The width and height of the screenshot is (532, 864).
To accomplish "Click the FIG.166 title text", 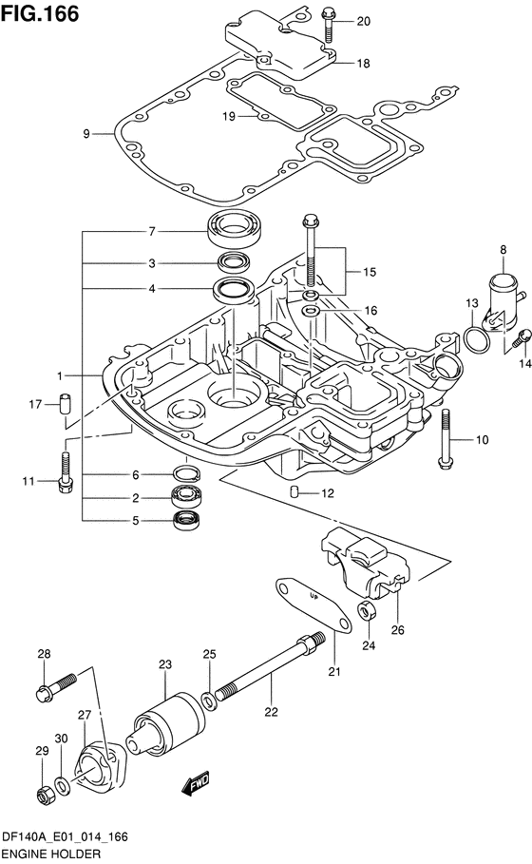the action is pos(40,13).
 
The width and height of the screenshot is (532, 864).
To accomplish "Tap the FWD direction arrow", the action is pos(196,782).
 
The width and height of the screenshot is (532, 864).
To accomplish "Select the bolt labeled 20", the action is pos(329,25).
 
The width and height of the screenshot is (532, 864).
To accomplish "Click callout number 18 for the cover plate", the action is pos(363,64).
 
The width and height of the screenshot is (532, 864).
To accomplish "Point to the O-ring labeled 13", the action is pos(476,339).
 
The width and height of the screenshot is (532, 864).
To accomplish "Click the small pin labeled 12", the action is pos(294,491).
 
